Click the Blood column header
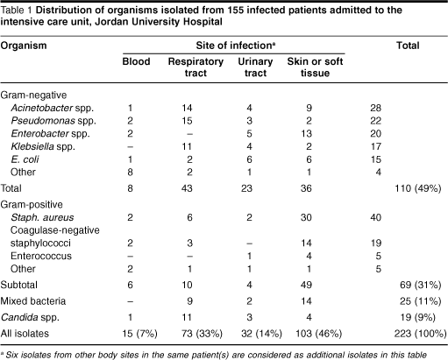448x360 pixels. (136, 61)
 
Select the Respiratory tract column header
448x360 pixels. (196, 67)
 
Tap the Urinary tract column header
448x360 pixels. (255, 67)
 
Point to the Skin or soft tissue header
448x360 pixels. (315, 67)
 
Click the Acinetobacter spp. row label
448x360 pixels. (53, 108)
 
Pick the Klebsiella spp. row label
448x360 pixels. (43, 146)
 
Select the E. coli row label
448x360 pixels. (25, 159)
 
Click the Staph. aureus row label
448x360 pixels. (42, 217)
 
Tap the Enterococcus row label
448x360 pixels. (41, 256)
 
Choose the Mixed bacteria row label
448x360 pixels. (33, 301)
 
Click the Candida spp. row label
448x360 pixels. (30, 317)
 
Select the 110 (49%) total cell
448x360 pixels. (418, 188)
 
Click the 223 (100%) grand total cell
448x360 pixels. (420, 334)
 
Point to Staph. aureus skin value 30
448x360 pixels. (306, 217)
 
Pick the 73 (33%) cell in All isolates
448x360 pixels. (202, 334)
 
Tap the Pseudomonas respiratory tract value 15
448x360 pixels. (187, 121)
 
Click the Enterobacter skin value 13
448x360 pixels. (306, 134)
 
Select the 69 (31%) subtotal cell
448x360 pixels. (420, 285)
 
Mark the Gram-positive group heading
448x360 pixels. (32, 205)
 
